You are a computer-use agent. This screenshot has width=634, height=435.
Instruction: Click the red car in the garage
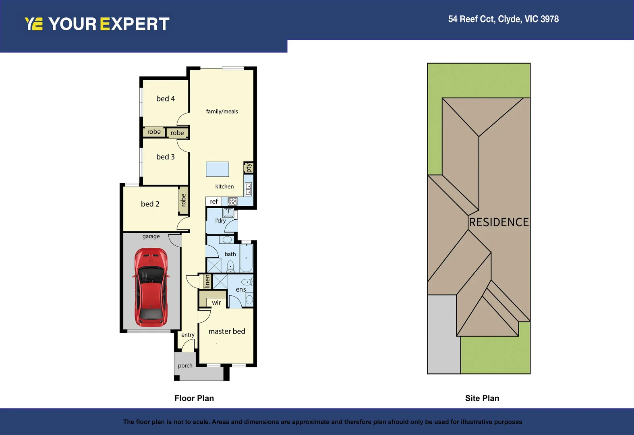click(x=151, y=287)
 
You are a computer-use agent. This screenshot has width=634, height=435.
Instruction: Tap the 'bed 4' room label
click(x=166, y=99)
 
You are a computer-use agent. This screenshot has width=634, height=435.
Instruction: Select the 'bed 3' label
click(x=166, y=157)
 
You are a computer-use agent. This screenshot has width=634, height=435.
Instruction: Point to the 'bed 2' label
click(x=150, y=204)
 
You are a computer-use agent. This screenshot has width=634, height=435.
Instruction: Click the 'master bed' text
click(x=227, y=331)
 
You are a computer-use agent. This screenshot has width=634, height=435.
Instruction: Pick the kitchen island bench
click(x=218, y=169)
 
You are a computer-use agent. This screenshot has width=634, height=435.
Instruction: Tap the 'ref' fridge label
click(x=214, y=201)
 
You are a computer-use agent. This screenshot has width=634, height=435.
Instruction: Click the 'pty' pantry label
click(x=249, y=168)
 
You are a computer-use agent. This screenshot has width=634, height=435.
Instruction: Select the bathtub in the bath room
click(x=246, y=258)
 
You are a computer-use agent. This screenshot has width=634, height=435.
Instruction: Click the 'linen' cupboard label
click(x=207, y=281)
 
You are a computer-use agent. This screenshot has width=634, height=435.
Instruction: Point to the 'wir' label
click(x=216, y=303)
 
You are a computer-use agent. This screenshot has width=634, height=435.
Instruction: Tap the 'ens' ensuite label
click(x=241, y=289)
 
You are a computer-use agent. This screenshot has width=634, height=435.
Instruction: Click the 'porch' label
click(x=185, y=366)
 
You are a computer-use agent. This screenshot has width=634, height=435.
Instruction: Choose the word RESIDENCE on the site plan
click(x=499, y=222)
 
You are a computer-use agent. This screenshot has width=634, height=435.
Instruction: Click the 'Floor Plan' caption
click(x=194, y=398)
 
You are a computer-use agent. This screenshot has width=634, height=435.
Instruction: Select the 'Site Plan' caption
click(x=482, y=398)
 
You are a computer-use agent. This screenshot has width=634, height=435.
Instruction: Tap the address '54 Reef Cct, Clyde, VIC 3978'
click(x=503, y=19)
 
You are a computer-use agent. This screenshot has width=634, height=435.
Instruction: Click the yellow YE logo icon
click(x=33, y=24)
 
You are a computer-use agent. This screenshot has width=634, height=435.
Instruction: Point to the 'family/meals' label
click(x=222, y=112)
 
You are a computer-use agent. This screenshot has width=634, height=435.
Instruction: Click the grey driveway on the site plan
click(x=443, y=334)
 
